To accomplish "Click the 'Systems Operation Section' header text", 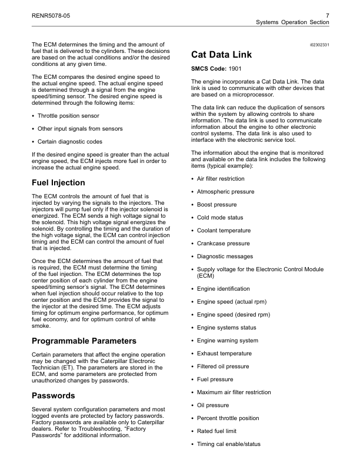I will (x=292, y=22).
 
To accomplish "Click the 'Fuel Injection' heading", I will (x=58, y=182).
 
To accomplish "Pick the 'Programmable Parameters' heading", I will (x=84, y=341).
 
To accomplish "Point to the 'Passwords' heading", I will (x=54, y=396).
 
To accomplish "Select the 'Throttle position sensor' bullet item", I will (x=68, y=116).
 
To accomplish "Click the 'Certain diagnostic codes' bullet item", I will (x=69, y=142).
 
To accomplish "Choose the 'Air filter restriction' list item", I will (x=221, y=179).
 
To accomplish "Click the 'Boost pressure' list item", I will (x=215, y=204).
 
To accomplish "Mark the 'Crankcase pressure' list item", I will (x=223, y=243).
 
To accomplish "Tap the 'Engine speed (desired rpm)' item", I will (x=234, y=315).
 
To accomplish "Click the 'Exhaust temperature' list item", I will (x=224, y=354).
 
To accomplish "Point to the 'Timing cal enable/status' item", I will (x=228, y=444).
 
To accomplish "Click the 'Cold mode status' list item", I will (x=220, y=217).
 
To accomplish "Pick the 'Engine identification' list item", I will (x=223, y=289).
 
